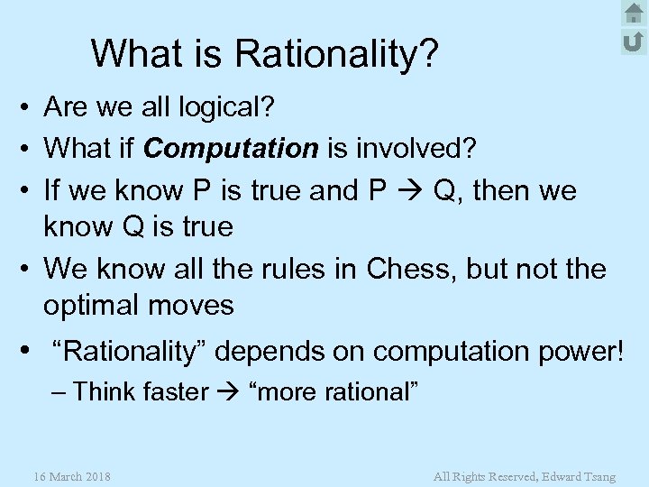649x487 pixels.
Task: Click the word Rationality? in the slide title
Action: [x=338, y=54]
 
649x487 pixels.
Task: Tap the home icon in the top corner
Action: [x=634, y=14]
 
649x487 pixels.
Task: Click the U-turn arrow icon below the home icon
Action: [x=634, y=41]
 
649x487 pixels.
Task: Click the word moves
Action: [x=196, y=306]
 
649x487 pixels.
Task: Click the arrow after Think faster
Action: [x=229, y=392]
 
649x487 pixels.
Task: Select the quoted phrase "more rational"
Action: [x=332, y=392]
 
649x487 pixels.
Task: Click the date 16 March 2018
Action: [x=71, y=475]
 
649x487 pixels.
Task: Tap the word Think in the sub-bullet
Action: [x=102, y=392]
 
